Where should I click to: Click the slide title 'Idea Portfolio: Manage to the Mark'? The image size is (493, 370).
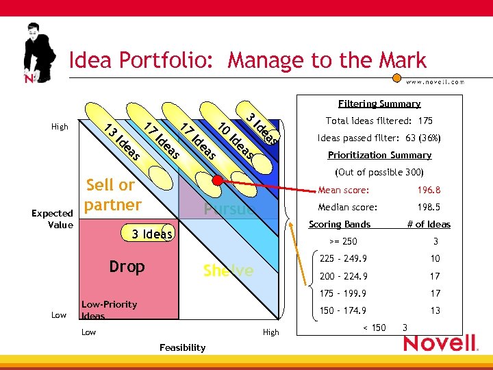(247, 60)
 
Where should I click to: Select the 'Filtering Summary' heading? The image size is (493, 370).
(379, 103)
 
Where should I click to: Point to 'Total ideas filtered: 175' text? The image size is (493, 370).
(379, 121)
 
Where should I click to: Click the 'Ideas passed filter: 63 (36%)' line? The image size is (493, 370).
(379, 138)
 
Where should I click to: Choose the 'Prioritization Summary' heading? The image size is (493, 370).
(379, 155)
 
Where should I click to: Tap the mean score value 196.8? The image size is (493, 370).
(429, 190)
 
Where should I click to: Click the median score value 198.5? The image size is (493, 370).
(429, 207)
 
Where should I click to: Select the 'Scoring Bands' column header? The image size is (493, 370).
(340, 224)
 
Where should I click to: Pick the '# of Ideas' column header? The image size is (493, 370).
(429, 224)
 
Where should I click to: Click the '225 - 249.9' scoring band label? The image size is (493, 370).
(343, 258)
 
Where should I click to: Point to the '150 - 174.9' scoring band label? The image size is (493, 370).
(343, 310)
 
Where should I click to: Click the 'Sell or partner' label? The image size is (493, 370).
(112, 195)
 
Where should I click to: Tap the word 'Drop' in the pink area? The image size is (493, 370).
(127, 267)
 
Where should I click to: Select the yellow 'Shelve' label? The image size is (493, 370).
(228, 271)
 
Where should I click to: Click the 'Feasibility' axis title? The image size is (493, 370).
(182, 347)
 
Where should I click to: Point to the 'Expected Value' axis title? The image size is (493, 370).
(52, 219)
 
